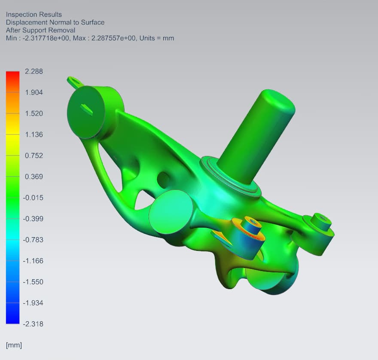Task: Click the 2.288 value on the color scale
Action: coord(34,71)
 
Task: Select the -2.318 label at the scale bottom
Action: coord(33,324)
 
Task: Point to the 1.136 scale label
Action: coord(34,134)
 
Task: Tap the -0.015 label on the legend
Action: coord(33,198)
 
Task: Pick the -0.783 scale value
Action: coord(33,240)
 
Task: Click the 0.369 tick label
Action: coord(34,177)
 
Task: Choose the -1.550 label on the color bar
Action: coord(33,282)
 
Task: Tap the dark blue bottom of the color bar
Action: coord(12,314)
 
